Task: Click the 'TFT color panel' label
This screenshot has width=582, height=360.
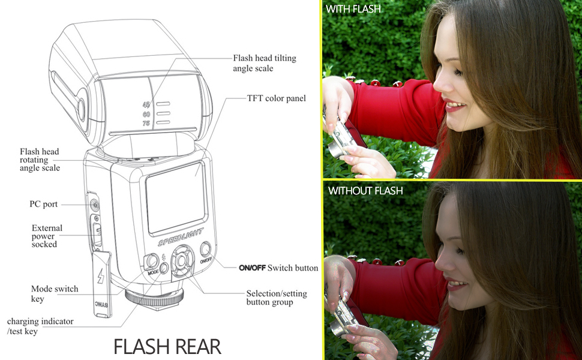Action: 277,98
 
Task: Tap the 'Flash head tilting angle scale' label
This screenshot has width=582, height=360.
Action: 265,63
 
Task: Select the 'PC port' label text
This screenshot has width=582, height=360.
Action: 43,204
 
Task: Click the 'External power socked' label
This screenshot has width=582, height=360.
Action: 47,236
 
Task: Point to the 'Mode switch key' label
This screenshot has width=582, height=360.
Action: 55,293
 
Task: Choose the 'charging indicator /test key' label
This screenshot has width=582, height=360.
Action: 40,326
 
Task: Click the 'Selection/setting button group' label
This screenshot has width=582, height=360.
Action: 277,298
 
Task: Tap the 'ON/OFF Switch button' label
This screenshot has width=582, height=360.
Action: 278,268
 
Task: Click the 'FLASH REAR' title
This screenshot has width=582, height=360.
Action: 167,346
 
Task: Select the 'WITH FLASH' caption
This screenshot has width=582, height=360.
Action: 353,9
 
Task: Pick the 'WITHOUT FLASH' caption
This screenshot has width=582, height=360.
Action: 365,191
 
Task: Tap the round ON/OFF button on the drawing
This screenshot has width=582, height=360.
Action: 205,248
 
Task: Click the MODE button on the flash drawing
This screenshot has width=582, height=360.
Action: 151,261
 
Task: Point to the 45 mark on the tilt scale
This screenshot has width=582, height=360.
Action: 146,105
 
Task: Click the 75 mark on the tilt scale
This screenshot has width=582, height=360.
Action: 146,123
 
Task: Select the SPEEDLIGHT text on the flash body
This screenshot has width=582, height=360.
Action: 181,237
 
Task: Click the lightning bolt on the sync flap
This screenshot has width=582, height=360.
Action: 101,276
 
